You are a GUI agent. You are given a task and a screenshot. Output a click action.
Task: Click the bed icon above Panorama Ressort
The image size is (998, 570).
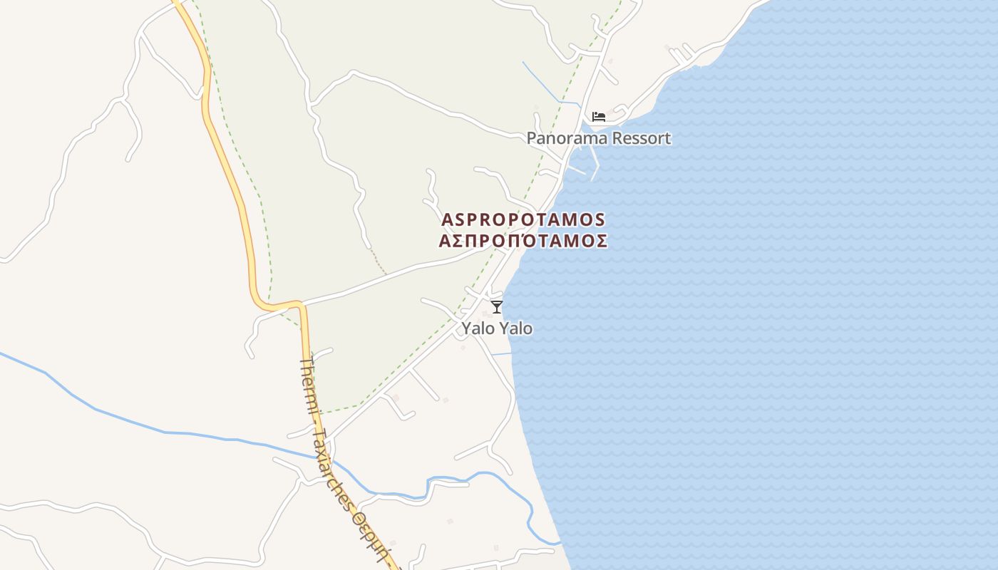[599, 116]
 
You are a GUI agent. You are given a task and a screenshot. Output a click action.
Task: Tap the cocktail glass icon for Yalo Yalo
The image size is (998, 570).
[497, 307]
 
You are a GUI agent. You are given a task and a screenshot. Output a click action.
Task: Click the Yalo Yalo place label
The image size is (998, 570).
[497, 328]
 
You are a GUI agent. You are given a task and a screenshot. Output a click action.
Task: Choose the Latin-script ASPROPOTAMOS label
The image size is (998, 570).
[523, 219]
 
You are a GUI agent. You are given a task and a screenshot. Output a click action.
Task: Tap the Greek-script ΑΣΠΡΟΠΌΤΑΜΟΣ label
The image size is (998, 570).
[523, 241]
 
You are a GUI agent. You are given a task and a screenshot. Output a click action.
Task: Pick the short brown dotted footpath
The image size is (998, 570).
[378, 261]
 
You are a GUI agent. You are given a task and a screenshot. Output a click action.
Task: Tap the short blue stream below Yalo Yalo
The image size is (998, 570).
[502, 354]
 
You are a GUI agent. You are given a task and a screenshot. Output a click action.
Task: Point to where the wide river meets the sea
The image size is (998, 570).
[559, 544]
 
